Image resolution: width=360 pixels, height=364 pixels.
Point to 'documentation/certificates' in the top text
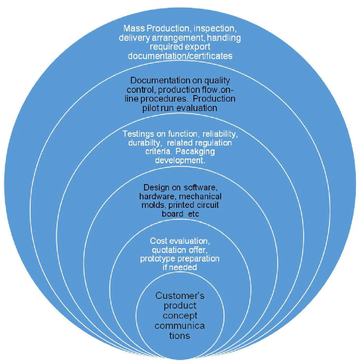point(180,56)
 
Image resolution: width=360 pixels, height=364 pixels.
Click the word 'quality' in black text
point(217,81)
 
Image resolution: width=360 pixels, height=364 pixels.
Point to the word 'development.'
point(180,160)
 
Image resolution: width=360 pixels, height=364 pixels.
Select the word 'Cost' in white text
point(159,241)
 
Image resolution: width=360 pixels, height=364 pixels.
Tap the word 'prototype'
point(158,259)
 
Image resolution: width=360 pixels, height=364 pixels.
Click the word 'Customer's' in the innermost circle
point(180,296)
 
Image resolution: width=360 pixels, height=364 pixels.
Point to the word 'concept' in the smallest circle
point(180,316)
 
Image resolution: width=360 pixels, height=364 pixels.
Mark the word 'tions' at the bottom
point(179,336)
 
